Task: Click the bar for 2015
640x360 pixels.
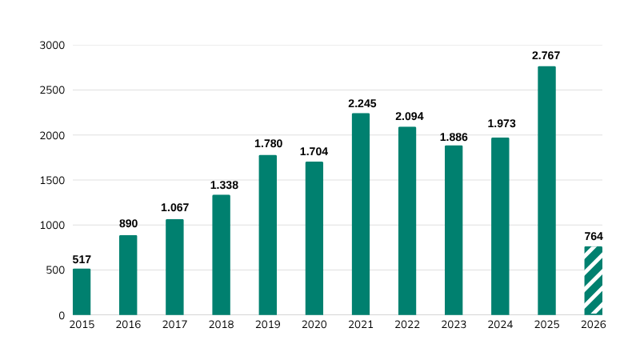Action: click(82, 291)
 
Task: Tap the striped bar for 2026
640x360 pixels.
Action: click(593, 281)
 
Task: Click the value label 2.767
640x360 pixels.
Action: click(546, 56)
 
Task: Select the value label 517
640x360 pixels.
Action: click(82, 259)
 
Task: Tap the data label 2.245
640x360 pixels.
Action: click(361, 103)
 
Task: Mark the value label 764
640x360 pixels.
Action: click(593, 236)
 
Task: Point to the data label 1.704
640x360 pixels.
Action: click(314, 151)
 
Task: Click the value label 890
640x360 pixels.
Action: click(128, 224)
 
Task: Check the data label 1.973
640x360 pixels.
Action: click(501, 124)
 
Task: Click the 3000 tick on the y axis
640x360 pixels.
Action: click(51, 46)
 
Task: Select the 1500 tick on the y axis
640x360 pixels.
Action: click(51, 181)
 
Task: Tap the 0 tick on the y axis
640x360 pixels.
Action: click(61, 315)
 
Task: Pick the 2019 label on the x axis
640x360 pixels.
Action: click(268, 326)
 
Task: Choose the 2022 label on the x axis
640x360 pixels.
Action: click(407, 326)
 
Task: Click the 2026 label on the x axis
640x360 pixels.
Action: click(593, 326)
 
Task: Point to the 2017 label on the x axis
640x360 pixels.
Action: click(174, 326)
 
